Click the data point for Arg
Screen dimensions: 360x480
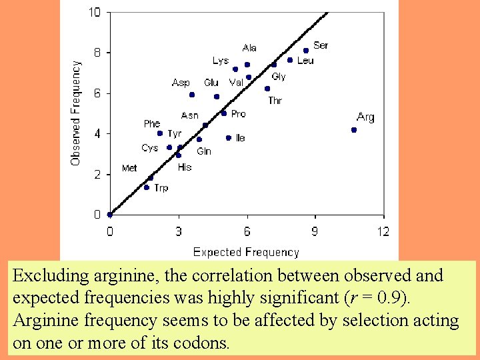click(354, 130)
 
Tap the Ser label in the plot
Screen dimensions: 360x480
click(321, 45)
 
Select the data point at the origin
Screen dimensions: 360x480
click(110, 215)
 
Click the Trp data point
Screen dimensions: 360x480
click(147, 187)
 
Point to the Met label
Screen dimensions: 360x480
click(129, 168)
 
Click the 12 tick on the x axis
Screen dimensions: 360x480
click(383, 232)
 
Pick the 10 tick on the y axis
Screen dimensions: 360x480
click(95, 12)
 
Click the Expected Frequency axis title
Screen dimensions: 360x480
click(246, 252)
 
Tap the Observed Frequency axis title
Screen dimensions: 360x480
click(76, 113)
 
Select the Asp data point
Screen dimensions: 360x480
click(192, 95)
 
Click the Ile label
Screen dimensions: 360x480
click(240, 138)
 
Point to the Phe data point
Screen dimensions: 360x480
click(160, 133)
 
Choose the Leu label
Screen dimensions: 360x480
click(305, 61)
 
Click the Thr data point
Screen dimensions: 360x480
click(267, 89)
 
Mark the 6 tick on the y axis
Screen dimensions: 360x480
click(97, 93)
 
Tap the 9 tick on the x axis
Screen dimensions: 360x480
click(314, 232)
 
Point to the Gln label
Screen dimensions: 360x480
click(204, 151)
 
